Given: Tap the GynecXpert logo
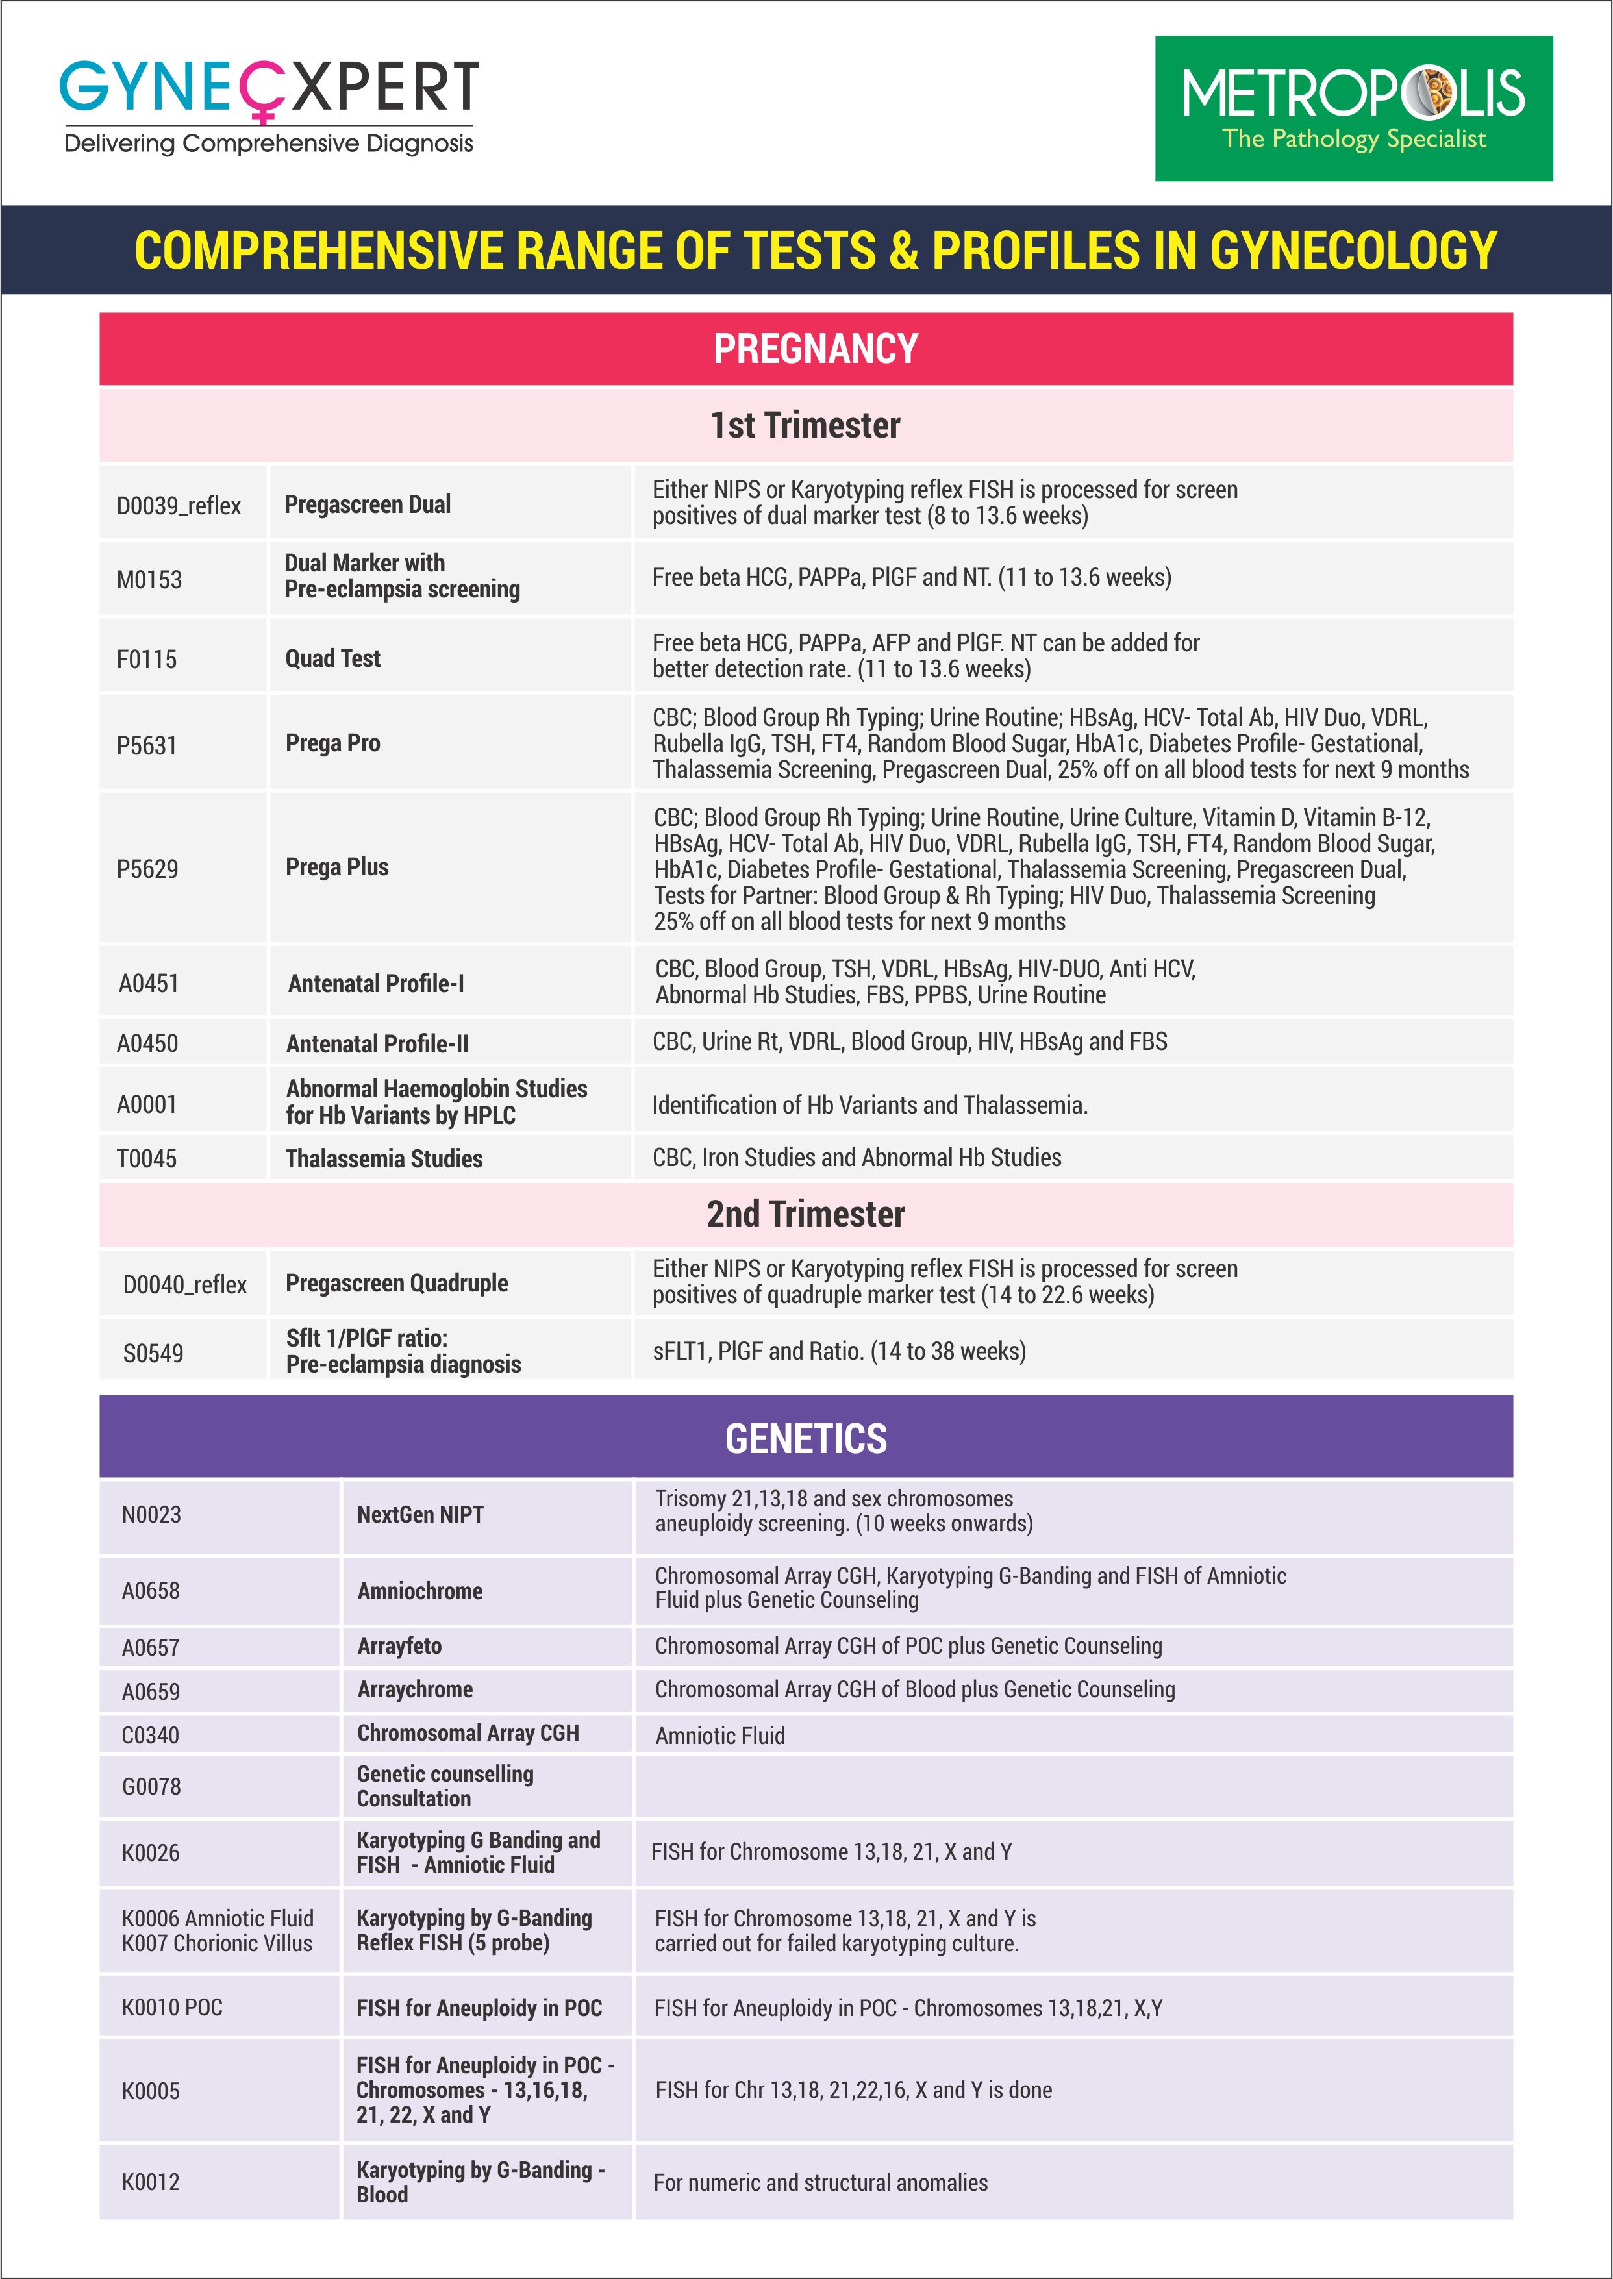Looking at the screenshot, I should tap(268, 105).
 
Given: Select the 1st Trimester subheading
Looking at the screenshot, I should tap(805, 425).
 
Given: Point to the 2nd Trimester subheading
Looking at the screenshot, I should tap(805, 1214).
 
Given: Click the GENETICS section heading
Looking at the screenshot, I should tap(805, 1438).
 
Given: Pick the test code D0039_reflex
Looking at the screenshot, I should tap(179, 505).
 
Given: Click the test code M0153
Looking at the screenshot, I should tap(149, 580).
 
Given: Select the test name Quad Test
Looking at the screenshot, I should tap(332, 658).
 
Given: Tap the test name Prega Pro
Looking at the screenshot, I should tap(332, 743).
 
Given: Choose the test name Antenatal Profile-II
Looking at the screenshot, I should tap(377, 1043).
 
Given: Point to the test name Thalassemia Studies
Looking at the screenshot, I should tap(384, 1159).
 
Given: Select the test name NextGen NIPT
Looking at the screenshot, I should tap(420, 1514).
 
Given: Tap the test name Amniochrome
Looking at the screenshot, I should tap(420, 1591).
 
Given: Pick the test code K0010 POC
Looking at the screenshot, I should tap(172, 2007).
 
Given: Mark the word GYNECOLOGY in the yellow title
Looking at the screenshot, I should tap(1353, 250).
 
